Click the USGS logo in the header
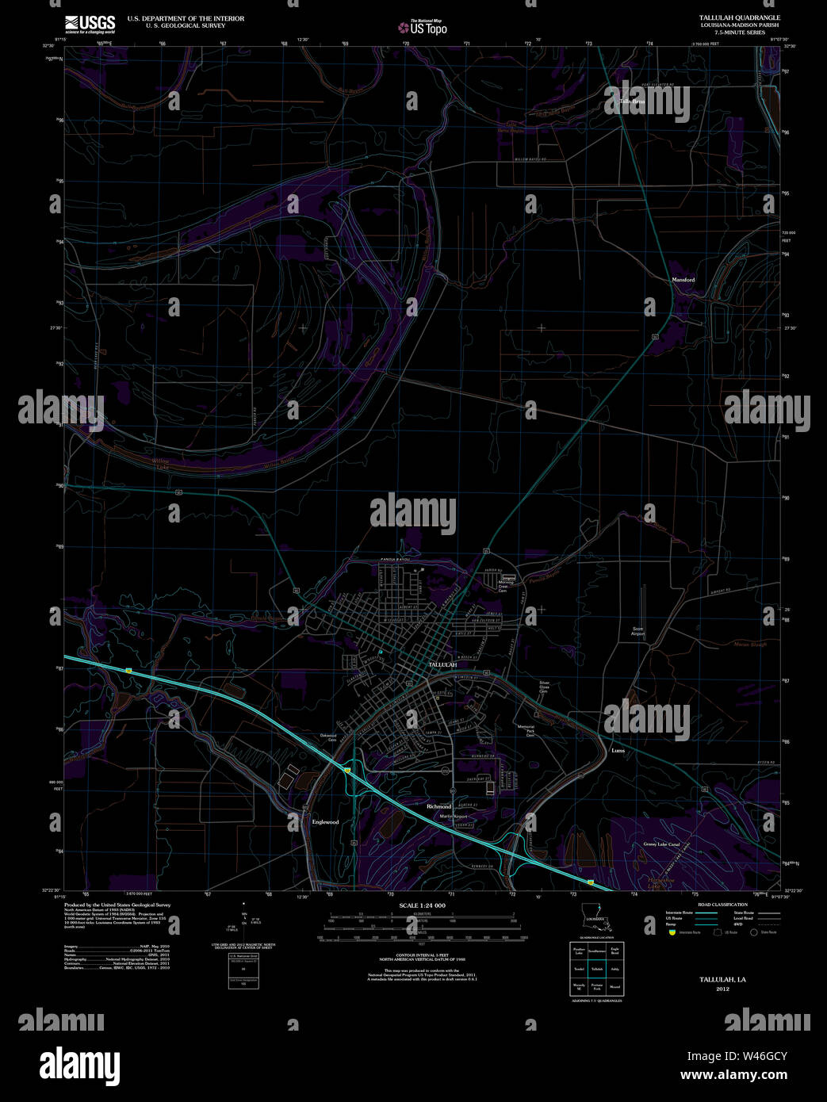tap(90, 23)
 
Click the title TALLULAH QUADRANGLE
tap(739, 17)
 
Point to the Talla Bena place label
tap(632, 101)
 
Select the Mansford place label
tap(683, 280)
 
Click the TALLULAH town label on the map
tap(442, 664)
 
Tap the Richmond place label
tap(438, 806)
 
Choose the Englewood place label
tap(325, 822)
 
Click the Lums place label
tap(618, 750)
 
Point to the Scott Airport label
tap(638, 632)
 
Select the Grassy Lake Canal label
tap(661, 844)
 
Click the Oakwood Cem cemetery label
tap(328, 737)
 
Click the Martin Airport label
tap(454, 817)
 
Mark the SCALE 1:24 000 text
tap(422, 905)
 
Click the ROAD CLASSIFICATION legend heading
tap(722, 905)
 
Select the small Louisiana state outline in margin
tap(596, 923)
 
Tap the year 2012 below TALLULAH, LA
tap(722, 989)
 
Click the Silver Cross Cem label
tap(544, 687)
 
